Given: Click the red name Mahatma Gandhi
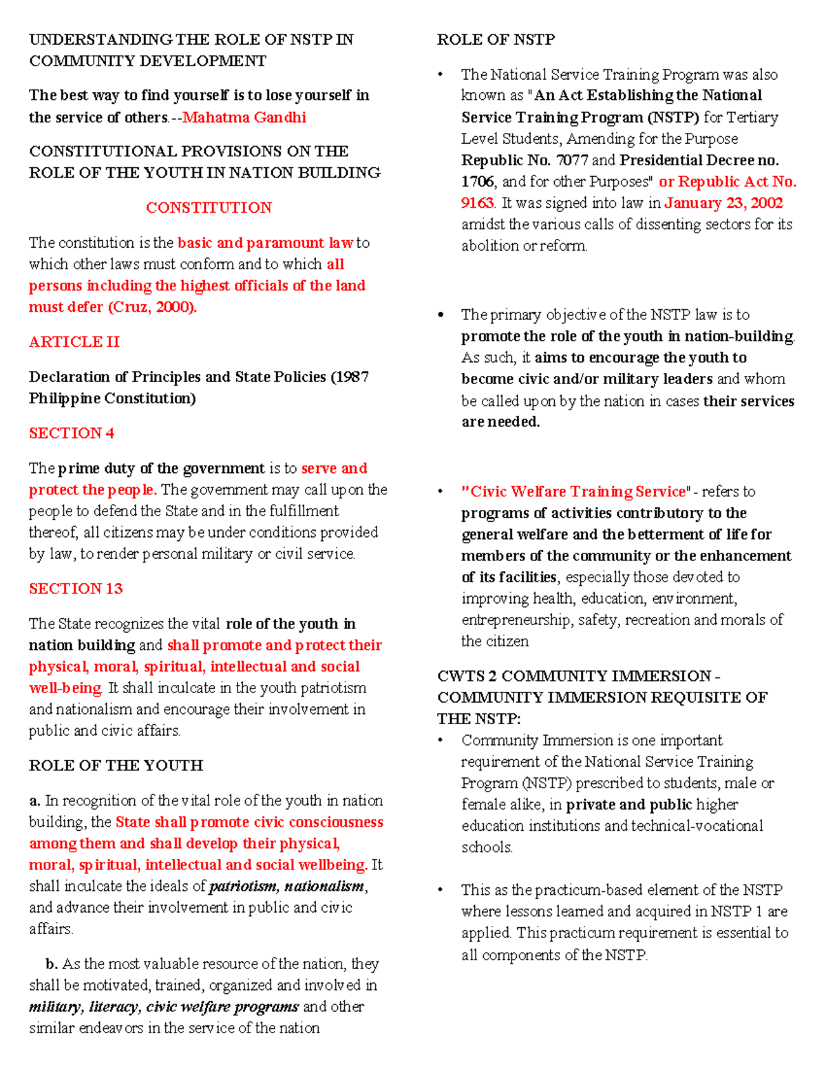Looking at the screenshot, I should point(244,118).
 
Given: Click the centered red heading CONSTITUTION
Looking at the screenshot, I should point(209,208).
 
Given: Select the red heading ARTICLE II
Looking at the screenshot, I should point(74,342).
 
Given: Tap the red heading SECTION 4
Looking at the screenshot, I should point(72,434).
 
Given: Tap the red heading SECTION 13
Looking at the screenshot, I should point(76,589).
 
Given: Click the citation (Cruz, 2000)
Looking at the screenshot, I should point(152,307).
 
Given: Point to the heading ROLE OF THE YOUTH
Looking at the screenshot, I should point(116,766).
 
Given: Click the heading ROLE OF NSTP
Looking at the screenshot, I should point(496,40).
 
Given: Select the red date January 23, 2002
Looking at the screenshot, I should point(723,203).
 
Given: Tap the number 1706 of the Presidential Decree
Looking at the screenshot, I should point(478,182).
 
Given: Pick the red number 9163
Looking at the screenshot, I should point(477,203).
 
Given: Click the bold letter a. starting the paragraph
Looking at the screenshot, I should point(35,801).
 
